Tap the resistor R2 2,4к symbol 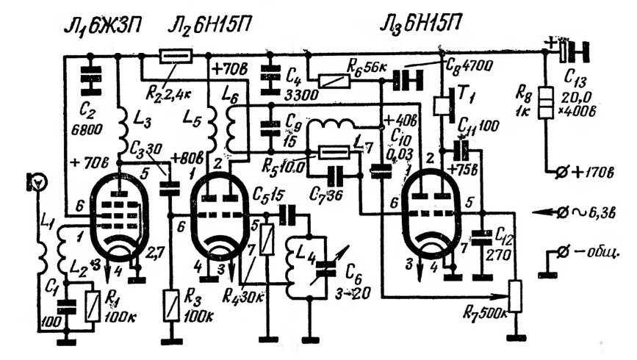pos(176,56)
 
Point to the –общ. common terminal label pos(589,253)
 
